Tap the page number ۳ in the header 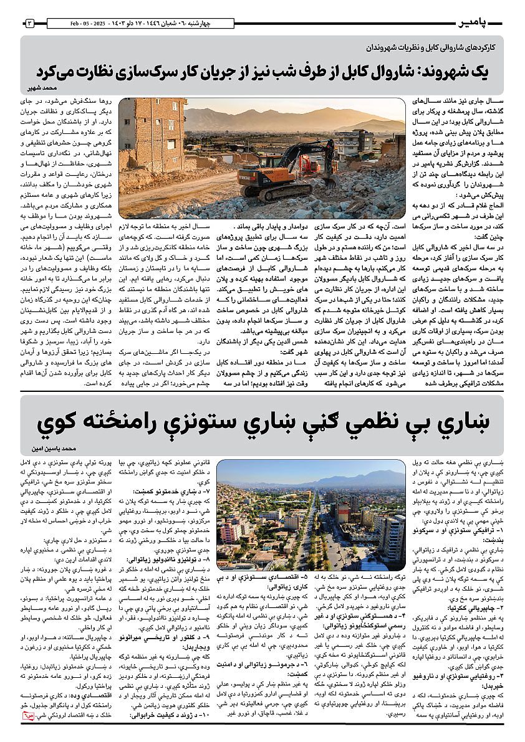pyautogui.click(x=30, y=24)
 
